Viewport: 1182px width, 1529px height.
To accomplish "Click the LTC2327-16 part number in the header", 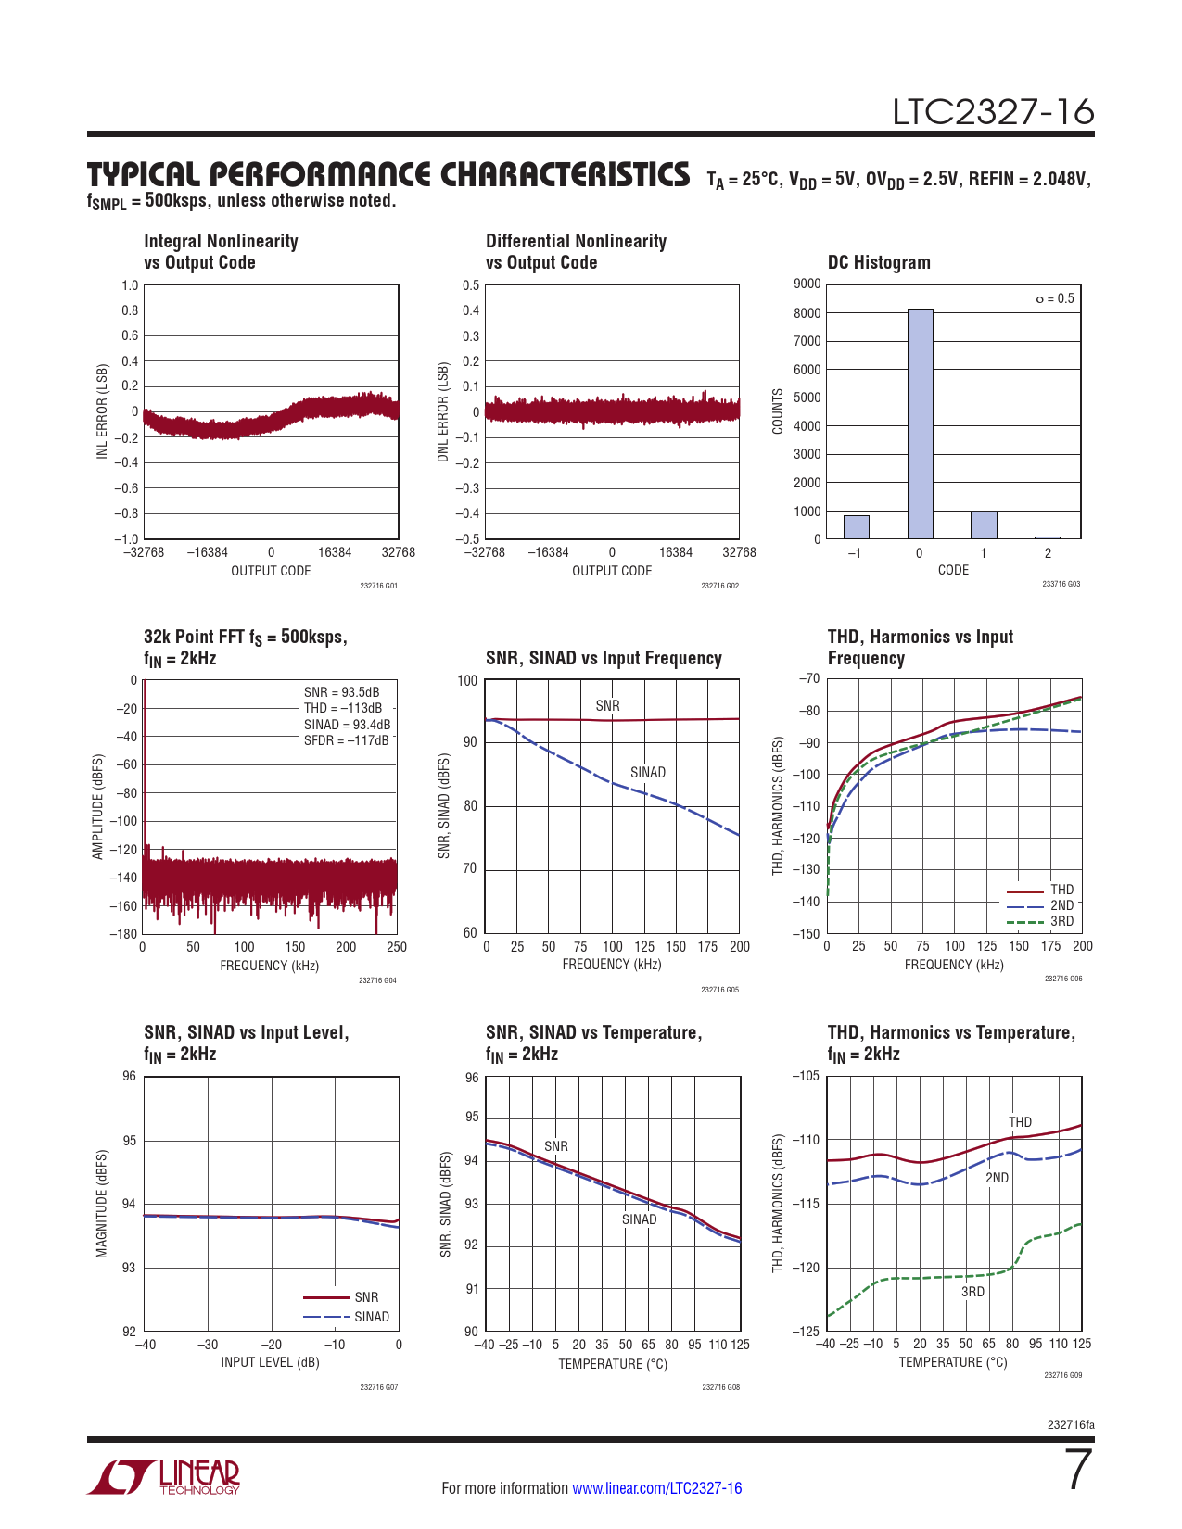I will (993, 112).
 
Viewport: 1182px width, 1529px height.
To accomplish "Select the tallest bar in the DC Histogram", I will (920, 423).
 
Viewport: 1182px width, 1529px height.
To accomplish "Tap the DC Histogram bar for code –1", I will (856, 526).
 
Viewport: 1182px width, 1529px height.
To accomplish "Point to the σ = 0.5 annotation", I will (1055, 298).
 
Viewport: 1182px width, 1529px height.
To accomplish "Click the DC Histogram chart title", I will (879, 262).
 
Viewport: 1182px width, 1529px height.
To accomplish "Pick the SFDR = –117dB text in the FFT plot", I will (347, 740).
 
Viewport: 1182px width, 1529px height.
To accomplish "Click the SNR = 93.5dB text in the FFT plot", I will (341, 692).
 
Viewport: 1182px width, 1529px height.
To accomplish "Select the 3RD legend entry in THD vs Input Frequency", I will (1061, 921).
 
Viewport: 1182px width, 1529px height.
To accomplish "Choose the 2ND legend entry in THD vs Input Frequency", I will (1061, 905).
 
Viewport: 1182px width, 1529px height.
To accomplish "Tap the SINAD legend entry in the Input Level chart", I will (371, 1317).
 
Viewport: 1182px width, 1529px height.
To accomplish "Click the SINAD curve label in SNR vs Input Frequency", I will (648, 772).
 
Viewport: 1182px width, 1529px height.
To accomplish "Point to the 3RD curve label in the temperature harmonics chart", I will (972, 1292).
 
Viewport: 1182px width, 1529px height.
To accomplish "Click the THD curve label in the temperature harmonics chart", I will (1020, 1122).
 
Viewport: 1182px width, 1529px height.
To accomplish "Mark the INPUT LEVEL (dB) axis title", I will (270, 1362).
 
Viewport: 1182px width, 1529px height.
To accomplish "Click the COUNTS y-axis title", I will (778, 411).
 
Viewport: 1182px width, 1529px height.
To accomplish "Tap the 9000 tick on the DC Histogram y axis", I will (807, 284).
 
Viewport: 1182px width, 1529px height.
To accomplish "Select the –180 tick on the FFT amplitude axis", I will (123, 933).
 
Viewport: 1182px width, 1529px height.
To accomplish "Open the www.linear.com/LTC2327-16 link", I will (656, 1488).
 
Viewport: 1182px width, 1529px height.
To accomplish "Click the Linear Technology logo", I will (164, 1477).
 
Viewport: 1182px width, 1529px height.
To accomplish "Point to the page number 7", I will (1078, 1470).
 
